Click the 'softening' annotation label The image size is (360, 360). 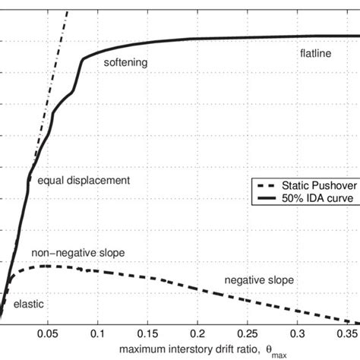(125, 63)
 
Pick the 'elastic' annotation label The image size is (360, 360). (29, 304)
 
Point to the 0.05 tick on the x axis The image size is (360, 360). (48, 332)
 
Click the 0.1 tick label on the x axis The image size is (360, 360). (98, 332)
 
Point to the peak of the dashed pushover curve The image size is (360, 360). (46, 266)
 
